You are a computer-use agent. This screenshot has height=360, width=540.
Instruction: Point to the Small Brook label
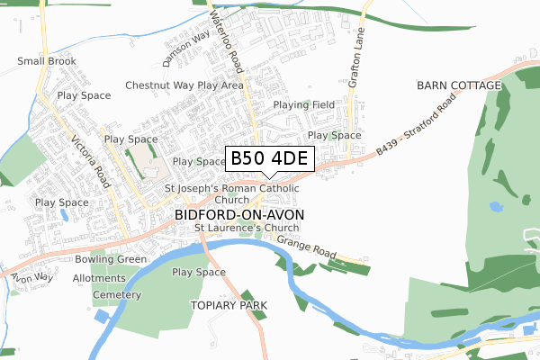coord(47,61)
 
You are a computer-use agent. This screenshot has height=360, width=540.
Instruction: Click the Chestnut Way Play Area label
coord(184,85)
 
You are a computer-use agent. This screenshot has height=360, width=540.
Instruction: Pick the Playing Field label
coord(304,104)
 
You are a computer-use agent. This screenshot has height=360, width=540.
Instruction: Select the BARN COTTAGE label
coord(458,85)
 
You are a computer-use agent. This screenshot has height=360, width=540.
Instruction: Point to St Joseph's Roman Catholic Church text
coord(238,193)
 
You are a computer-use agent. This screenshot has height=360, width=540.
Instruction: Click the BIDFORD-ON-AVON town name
coord(239,215)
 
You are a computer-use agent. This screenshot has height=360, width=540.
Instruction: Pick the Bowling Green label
coord(111,259)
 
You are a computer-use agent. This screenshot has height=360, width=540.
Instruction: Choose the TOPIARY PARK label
coord(229,306)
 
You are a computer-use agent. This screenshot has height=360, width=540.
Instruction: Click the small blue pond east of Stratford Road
coord(497,206)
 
